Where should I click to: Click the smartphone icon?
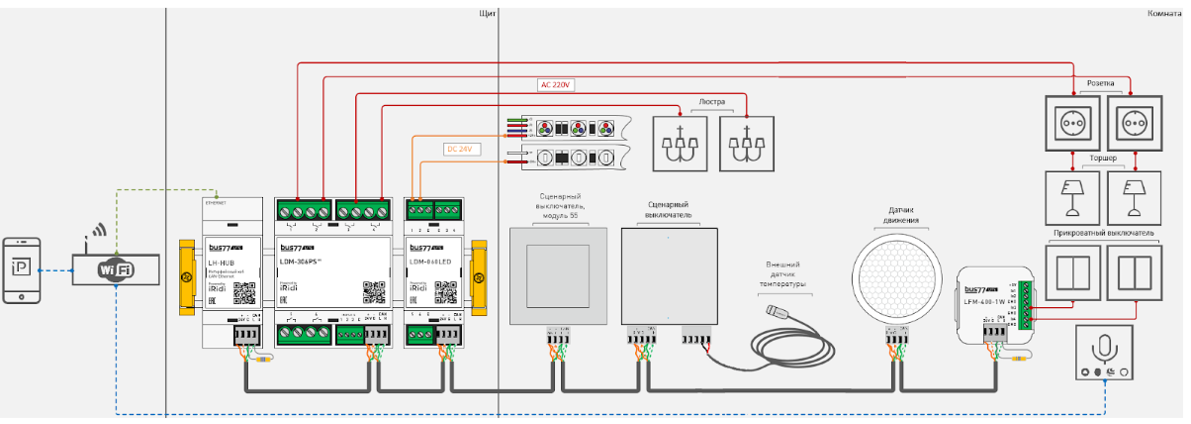coord(22,268)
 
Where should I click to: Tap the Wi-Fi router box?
coord(115,268)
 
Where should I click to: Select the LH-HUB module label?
coord(220,262)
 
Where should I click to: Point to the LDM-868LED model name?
coord(430,262)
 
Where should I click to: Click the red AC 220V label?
coord(557,85)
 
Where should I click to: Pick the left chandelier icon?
coord(679,145)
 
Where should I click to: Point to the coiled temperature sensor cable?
coord(800,342)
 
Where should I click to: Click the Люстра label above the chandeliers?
coord(712,101)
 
